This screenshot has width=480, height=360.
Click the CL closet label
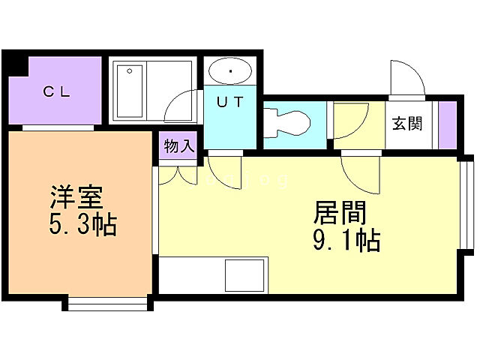[56, 92]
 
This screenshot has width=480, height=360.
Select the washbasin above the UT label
[231, 73]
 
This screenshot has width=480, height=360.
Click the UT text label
[231, 103]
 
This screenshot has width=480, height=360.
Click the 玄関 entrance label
[406, 123]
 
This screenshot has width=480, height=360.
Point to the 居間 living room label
[339, 214]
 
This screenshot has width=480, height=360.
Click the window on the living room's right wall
[467, 202]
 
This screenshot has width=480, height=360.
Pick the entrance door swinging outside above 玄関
[406, 79]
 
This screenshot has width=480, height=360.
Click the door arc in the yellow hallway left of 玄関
[349, 122]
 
